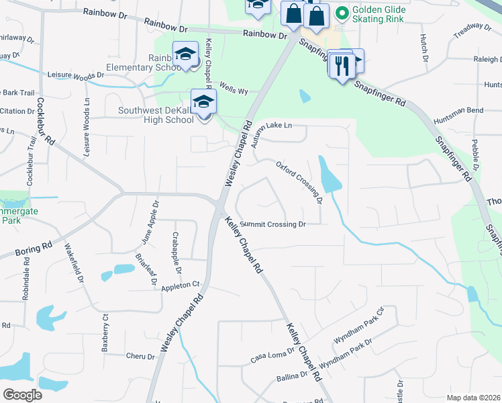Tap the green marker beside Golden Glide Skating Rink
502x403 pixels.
point(342,12)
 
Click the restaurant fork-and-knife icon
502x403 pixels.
point(342,66)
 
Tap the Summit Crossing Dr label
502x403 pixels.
point(273,224)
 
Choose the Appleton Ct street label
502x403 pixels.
point(181,287)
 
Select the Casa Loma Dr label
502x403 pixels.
point(272,353)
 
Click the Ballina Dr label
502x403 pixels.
point(292,378)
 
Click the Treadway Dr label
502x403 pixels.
point(472,30)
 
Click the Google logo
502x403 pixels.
point(23,394)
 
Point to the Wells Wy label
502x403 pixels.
point(234,87)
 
